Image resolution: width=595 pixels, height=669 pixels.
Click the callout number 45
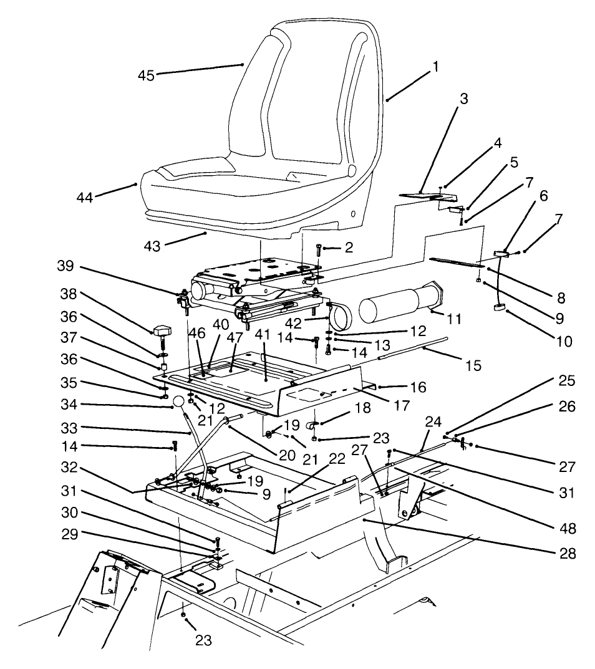(147, 75)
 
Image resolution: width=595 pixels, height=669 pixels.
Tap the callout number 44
(84, 198)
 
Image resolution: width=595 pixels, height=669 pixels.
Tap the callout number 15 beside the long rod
(473, 365)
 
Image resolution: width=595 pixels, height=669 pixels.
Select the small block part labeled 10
(500, 307)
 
